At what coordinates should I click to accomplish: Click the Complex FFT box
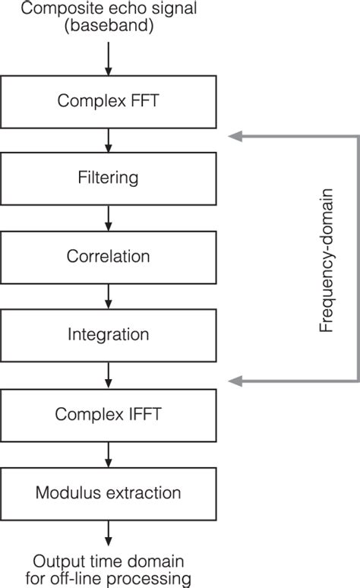pyautogui.click(x=108, y=101)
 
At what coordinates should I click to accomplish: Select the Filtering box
pyautogui.click(x=108, y=179)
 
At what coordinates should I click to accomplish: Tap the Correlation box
pyautogui.click(x=108, y=256)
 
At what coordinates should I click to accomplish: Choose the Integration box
pyautogui.click(x=108, y=334)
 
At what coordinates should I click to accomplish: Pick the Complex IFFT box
pyautogui.click(x=108, y=415)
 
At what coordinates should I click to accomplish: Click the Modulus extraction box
pyautogui.click(x=108, y=493)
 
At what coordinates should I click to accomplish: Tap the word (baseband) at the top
pyautogui.click(x=108, y=27)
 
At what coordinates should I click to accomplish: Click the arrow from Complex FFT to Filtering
pyautogui.click(x=108, y=140)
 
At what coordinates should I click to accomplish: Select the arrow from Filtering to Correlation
pyautogui.click(x=108, y=217)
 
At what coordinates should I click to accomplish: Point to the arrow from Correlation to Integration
pyautogui.click(x=108, y=296)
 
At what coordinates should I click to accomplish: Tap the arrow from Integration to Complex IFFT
pyautogui.click(x=108, y=374)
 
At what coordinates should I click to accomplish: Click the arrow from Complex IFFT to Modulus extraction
pyautogui.click(x=108, y=454)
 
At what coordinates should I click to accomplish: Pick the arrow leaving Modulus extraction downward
pyautogui.click(x=108, y=532)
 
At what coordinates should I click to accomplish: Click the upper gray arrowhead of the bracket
pyautogui.click(x=235, y=136)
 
